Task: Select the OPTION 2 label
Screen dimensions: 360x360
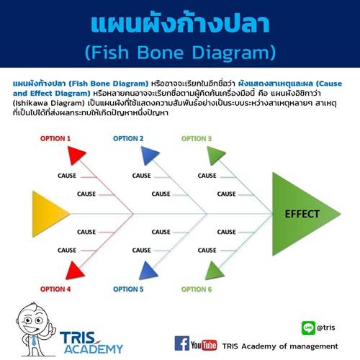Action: tap(128, 138)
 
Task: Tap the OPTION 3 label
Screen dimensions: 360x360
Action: tap(196, 138)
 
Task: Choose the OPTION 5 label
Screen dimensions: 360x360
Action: tap(128, 289)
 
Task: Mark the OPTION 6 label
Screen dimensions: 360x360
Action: tap(196, 289)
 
